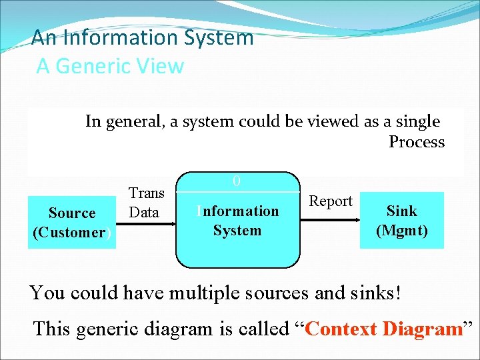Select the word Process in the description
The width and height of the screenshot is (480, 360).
click(x=417, y=142)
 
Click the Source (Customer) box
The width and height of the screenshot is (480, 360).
click(x=72, y=223)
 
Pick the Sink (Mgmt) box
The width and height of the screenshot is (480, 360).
click(x=401, y=221)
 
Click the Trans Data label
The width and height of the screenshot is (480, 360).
click(x=146, y=203)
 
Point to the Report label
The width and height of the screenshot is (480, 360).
click(x=331, y=201)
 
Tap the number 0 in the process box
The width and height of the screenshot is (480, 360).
click(x=237, y=181)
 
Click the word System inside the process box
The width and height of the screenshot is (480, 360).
click(x=237, y=231)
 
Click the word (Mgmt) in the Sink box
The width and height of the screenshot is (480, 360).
click(x=401, y=231)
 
